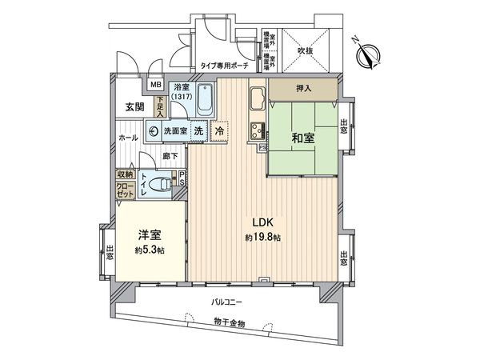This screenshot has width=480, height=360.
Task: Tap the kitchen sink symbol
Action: (258, 100)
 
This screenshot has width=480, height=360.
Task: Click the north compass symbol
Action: (370, 54)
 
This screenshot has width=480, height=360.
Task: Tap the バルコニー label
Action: (229, 302)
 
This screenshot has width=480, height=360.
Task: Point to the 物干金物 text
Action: (230, 322)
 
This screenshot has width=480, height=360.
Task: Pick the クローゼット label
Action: (126, 190)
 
